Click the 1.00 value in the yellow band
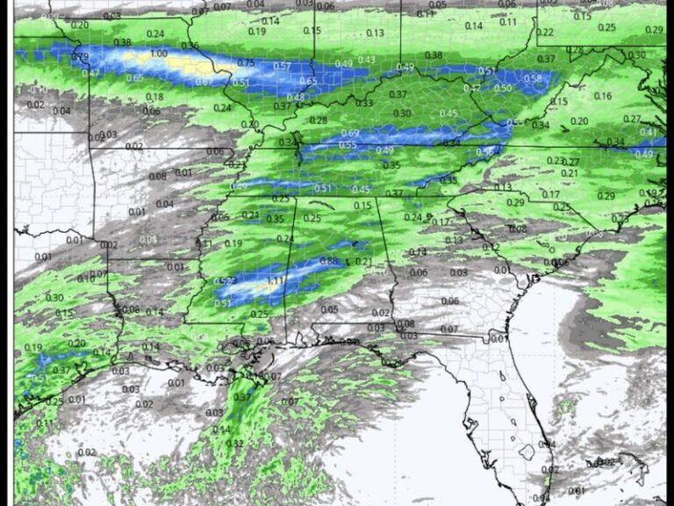pos(158,54)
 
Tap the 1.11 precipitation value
pos(276,280)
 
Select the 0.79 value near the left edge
pos(80,57)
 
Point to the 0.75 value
pos(246,63)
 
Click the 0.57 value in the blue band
pos(282,66)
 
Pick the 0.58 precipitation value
pos(533,79)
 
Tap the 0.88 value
pos(328,261)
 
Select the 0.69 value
pos(349,133)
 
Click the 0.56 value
pos(485,153)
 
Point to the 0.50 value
pos(503,88)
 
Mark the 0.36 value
pos(190,46)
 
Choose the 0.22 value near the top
pos(545,33)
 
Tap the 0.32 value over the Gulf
pos(235,444)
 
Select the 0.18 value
pos(154,98)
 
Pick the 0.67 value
pos(204,82)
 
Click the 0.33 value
pos(363,104)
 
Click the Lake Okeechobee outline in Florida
pos(527,452)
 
